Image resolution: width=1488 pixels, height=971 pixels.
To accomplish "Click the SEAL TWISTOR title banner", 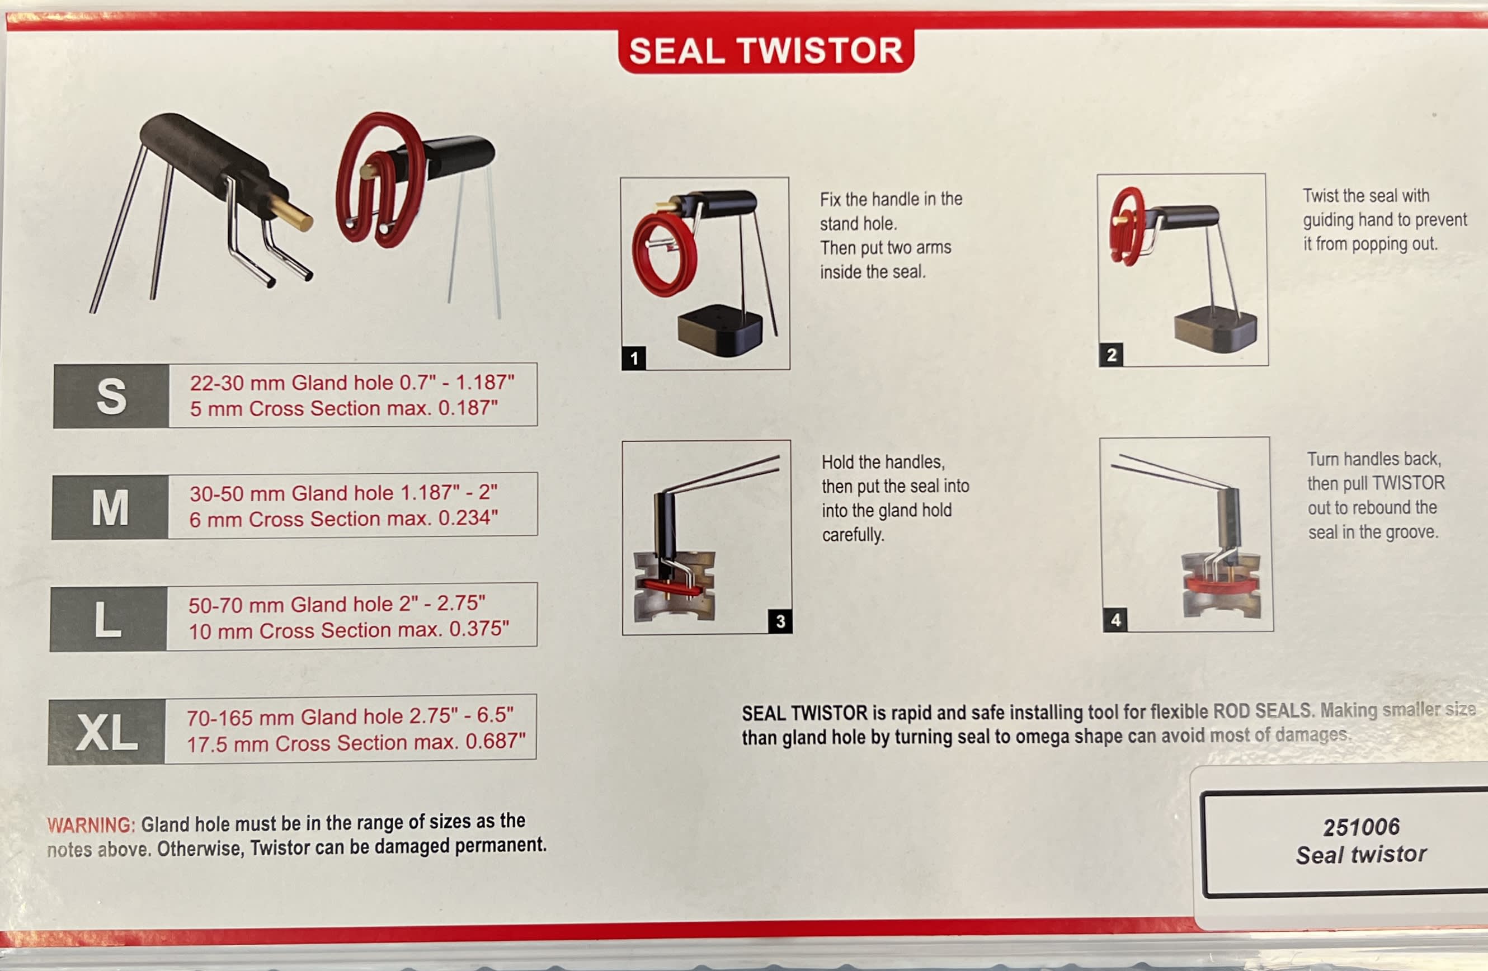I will [x=765, y=51].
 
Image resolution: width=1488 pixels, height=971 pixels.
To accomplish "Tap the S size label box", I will [x=111, y=396].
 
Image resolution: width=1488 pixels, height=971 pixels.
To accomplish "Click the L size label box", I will [x=107, y=619].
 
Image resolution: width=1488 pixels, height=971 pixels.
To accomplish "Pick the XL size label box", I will [x=107, y=732].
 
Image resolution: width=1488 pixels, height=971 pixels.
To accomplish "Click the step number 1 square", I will [x=633, y=359].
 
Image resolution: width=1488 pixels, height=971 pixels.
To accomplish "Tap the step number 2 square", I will [x=1111, y=355].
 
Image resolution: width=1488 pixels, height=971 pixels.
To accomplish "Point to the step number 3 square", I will [x=780, y=621].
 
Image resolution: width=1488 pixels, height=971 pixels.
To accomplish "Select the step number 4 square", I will [x=1115, y=620].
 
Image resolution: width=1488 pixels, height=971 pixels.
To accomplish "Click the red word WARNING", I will [x=91, y=826].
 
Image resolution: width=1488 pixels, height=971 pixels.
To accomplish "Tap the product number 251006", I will [x=1361, y=827].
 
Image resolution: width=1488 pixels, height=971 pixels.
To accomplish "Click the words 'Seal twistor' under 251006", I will [x=1361, y=854].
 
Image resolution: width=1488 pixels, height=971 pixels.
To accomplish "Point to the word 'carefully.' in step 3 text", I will [x=852, y=535].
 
